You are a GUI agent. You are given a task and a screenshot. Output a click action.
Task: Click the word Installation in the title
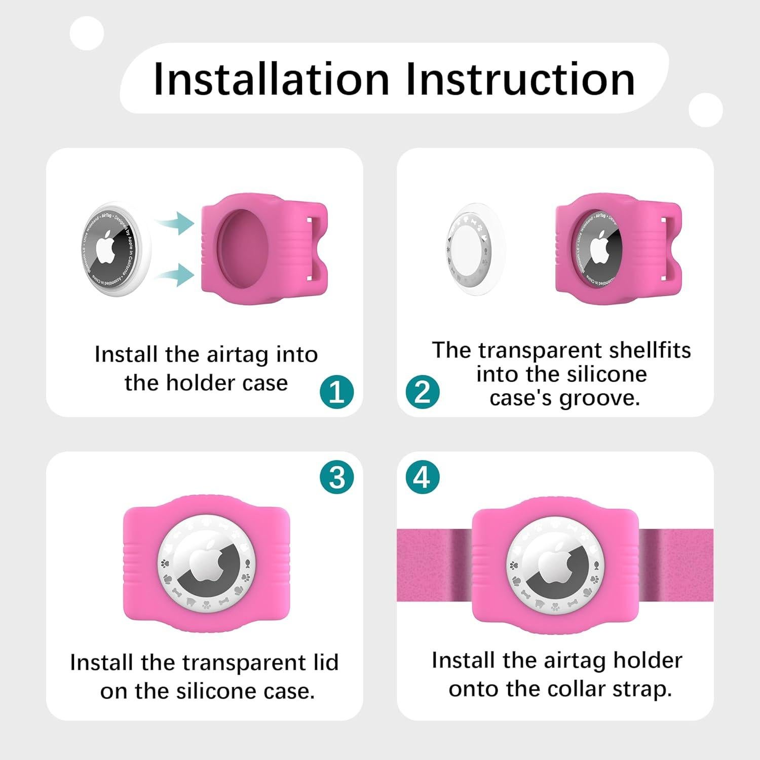pyautogui.click(x=271, y=79)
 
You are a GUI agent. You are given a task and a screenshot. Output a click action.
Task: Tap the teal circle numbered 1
pyautogui.click(x=337, y=392)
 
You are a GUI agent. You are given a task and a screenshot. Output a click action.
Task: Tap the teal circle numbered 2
pyautogui.click(x=423, y=392)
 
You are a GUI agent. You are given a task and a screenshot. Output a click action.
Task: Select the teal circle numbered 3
pyautogui.click(x=337, y=477)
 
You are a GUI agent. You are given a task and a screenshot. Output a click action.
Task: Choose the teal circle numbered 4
pyautogui.click(x=423, y=477)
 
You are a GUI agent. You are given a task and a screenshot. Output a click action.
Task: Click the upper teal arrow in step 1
pyautogui.click(x=175, y=223)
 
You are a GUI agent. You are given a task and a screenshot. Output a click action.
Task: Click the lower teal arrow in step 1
pyautogui.click(x=175, y=275)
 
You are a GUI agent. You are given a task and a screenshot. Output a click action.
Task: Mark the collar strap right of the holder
pyautogui.click(x=676, y=565)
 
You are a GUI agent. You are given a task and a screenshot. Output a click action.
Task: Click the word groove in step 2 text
pyautogui.click(x=600, y=398)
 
